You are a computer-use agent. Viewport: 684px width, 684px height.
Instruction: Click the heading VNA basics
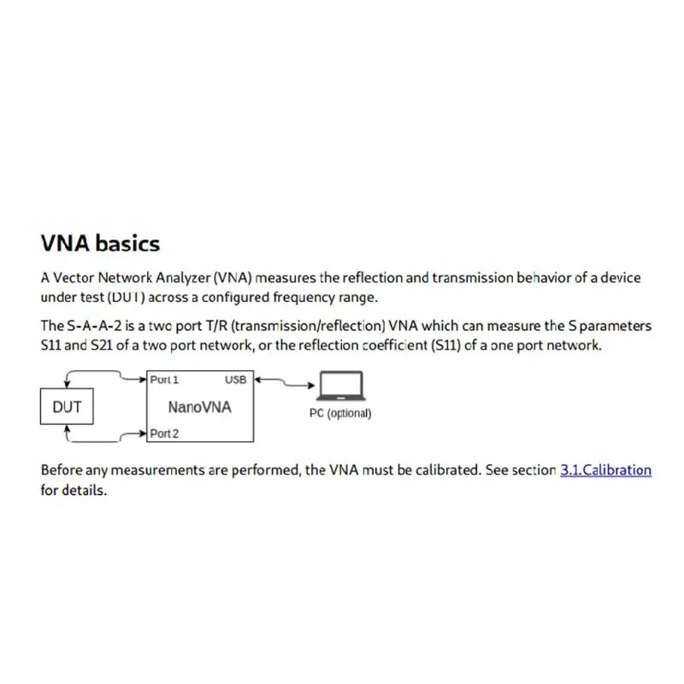click(100, 244)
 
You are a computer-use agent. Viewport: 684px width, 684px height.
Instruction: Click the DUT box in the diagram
click(67, 407)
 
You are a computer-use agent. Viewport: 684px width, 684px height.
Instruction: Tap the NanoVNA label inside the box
click(199, 407)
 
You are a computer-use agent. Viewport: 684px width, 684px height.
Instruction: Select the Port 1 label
click(164, 380)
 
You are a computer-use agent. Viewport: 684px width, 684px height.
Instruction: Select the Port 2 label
click(164, 433)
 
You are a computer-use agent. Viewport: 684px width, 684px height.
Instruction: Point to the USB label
click(236, 380)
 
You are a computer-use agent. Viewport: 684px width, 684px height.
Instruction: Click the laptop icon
click(340, 386)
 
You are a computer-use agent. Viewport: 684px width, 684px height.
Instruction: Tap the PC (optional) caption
click(340, 413)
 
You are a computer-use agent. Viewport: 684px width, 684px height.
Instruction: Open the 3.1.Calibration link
click(605, 470)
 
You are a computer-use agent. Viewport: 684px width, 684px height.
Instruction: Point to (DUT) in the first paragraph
click(125, 298)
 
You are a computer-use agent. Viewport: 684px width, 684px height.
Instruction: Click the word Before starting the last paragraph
click(62, 470)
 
